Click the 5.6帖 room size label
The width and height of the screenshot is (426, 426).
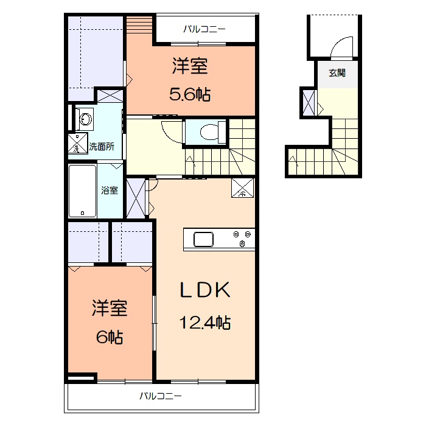tap(190, 94)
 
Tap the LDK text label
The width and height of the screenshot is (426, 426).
tap(205, 290)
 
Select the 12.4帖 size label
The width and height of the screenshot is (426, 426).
tap(205, 323)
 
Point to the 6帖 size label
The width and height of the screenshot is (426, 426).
tap(110, 337)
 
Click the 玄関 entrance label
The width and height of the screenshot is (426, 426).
tap(337, 73)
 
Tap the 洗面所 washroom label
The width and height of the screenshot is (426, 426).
tap(102, 147)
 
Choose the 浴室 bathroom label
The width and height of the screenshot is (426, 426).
tap(110, 190)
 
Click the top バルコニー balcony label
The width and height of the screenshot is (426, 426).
tap(204, 29)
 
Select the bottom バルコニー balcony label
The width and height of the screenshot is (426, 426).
tap(161, 396)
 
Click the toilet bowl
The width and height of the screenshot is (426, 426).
tap(209, 132)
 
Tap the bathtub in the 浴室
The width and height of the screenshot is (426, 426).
tap(82, 191)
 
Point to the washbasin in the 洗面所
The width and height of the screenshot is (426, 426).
tap(86, 119)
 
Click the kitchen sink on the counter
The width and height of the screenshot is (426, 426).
tap(203, 239)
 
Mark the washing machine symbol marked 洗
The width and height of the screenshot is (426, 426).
tap(78, 143)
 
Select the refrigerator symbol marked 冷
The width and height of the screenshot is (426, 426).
tap(242, 187)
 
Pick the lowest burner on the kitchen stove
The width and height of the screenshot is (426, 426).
tap(242, 243)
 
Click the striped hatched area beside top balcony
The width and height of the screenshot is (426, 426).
tap(139, 25)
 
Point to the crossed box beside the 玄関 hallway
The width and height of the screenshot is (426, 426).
tap(309, 103)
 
